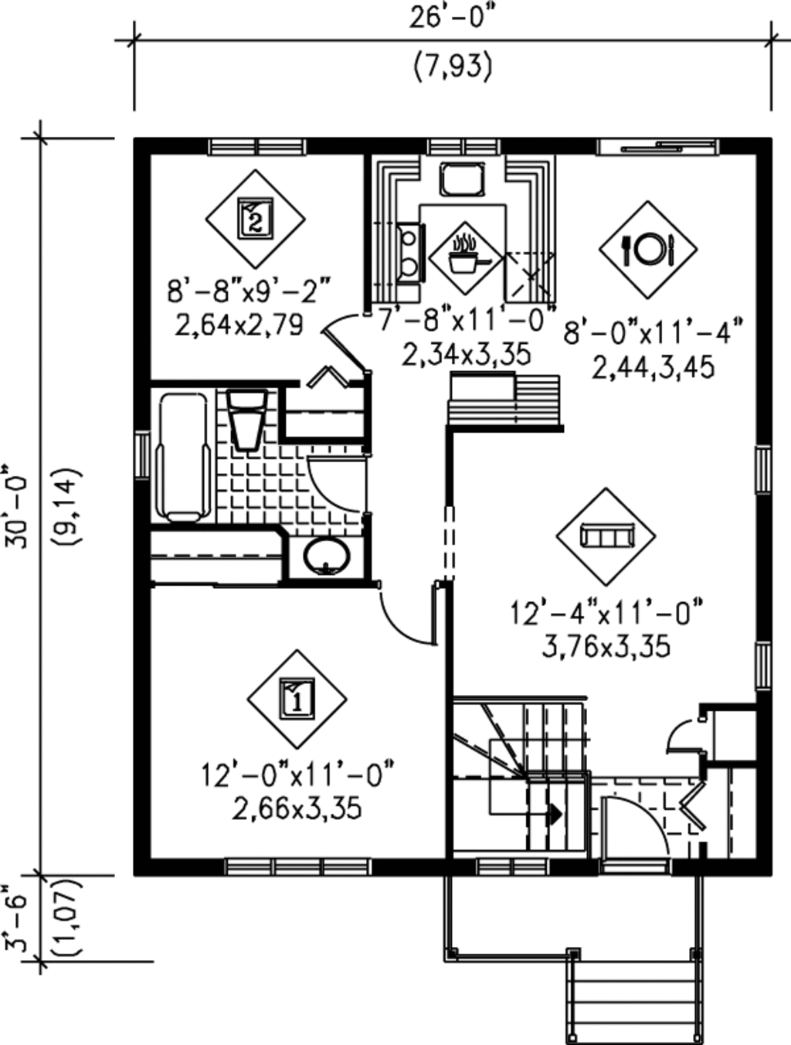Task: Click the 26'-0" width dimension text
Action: pyautogui.click(x=452, y=18)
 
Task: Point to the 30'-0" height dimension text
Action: pyautogui.click(x=17, y=507)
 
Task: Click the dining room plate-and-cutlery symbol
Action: pyautogui.click(x=648, y=249)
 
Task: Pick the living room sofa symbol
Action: pyautogui.click(x=606, y=536)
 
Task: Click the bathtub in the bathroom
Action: pyautogui.click(x=184, y=456)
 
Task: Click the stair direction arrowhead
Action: pyautogui.click(x=555, y=813)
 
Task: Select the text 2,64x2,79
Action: pyautogui.click(x=239, y=325)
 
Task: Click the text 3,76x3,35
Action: pyautogui.click(x=606, y=646)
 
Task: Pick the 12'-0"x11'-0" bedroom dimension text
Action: pyautogui.click(x=298, y=774)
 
